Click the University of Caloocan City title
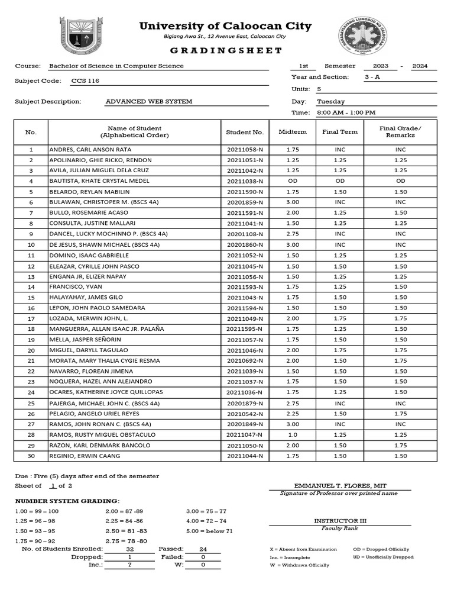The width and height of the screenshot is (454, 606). click(225, 26)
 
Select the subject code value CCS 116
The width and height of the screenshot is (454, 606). click(85, 80)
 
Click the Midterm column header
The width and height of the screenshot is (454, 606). click(293, 132)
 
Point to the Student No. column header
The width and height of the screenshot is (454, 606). click(245, 132)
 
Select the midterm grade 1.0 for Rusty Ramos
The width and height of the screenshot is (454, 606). click(293, 434)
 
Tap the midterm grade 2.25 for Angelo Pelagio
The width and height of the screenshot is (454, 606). click(293, 414)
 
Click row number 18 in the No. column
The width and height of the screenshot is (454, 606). click(31, 329)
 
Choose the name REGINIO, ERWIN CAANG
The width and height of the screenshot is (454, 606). click(85, 456)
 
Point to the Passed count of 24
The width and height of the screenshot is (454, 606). click(203, 549)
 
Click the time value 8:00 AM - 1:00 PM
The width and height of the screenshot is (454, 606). click(346, 112)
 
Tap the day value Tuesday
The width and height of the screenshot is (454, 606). click(331, 101)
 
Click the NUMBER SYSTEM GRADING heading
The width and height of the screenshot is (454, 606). click(67, 501)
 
